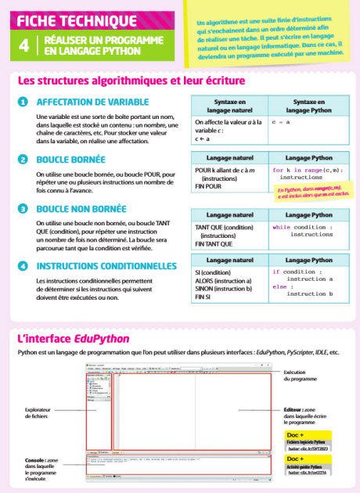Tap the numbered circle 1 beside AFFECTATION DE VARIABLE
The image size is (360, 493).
[23, 103]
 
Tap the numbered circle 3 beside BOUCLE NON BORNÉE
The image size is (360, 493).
[23, 209]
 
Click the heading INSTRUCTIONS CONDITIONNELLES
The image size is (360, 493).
[106, 266]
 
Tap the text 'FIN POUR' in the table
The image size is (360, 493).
[209, 187]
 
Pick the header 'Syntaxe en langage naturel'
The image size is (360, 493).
[226, 107]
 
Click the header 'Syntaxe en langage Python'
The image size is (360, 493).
[308, 107]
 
